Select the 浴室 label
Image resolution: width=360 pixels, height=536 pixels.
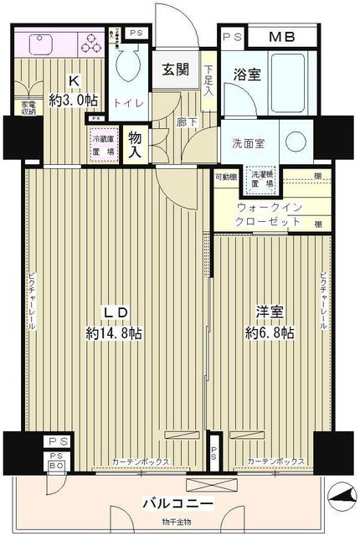click(248, 74)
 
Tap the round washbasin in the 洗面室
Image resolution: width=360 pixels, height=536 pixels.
click(293, 140)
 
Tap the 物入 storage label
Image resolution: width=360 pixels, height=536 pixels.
click(135, 144)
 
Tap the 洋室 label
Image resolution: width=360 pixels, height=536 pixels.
click(270, 312)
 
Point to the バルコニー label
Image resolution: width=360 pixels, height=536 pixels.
click(177, 504)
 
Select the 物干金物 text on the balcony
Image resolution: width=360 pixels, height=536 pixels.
click(177, 523)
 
